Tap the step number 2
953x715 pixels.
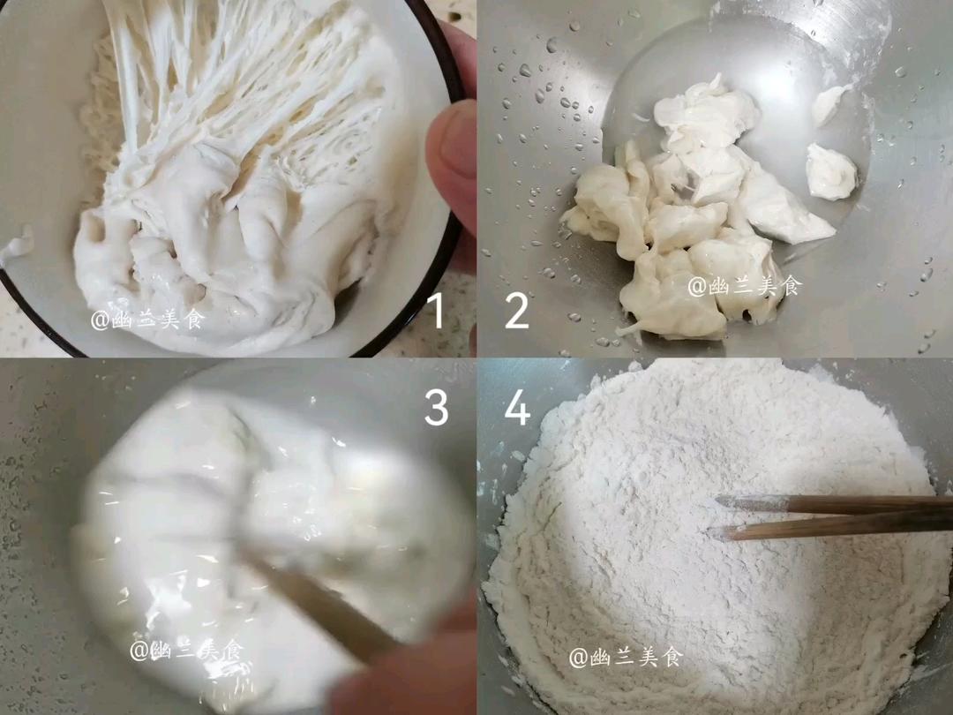[x=517, y=311]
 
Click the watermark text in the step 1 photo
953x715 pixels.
[x=147, y=320]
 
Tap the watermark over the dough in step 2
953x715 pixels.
[x=745, y=286]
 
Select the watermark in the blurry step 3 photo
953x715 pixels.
[x=185, y=651]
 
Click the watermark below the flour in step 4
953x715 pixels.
[x=626, y=657]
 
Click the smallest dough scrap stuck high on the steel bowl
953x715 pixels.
[x=829, y=104]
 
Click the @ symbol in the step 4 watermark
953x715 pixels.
[x=578, y=658]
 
